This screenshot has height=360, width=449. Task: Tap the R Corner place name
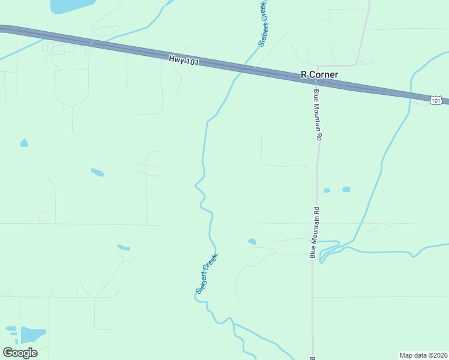319,75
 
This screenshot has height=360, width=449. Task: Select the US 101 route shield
436,100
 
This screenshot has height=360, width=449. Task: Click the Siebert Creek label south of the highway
206,274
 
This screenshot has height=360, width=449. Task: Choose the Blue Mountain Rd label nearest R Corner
318,115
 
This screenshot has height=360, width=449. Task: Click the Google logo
20,353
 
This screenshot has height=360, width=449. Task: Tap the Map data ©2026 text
423,355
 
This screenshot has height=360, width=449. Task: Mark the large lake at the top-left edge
71,5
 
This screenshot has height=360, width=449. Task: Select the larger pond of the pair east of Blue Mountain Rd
346,190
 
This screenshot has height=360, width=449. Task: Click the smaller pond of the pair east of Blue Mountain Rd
327,191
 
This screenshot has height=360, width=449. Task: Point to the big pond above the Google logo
33,335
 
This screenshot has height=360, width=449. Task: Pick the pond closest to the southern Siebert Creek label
252,242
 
